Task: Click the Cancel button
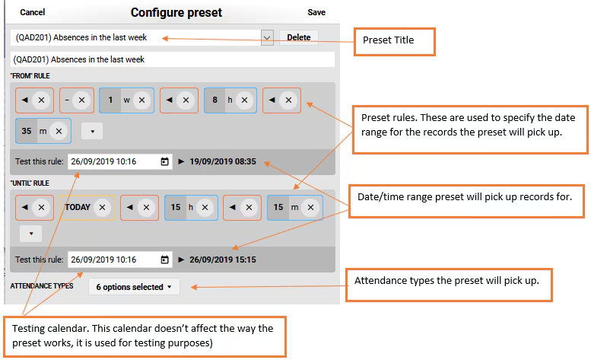[33, 12]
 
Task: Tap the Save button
[316, 12]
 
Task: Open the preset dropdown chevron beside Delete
[267, 38]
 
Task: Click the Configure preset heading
[176, 12]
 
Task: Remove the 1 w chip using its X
[141, 100]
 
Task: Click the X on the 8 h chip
[245, 100]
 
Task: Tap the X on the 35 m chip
[59, 131]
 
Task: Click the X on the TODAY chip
[102, 207]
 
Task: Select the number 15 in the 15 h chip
[176, 207]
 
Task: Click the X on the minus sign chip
[81, 100]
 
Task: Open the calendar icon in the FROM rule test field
[165, 161]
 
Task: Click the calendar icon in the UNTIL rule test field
[165, 260]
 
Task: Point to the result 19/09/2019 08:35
[222, 161]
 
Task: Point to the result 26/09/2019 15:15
[222, 260]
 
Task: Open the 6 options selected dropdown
[134, 287]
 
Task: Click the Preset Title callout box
[395, 42]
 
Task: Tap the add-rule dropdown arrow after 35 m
[92, 131]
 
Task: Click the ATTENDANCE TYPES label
[42, 286]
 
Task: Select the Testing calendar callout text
[142, 336]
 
